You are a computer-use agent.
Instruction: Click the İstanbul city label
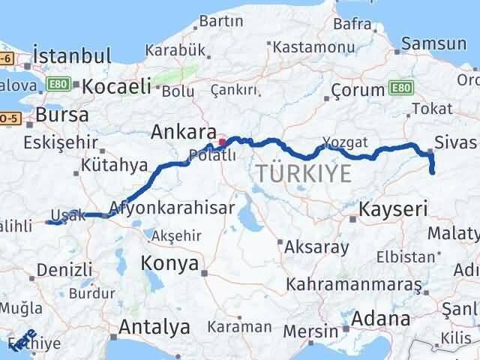tap(73, 55)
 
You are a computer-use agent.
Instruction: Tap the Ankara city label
tap(184, 132)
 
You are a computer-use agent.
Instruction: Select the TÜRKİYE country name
tap(303, 174)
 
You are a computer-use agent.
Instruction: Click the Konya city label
tap(172, 263)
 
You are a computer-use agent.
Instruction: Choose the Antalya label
tap(154, 328)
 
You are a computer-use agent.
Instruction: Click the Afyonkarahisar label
tap(171, 207)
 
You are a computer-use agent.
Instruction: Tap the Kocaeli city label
tap(116, 86)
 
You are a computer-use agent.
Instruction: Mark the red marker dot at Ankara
tap(222, 140)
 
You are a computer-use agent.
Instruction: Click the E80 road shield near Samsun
tap(401, 87)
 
